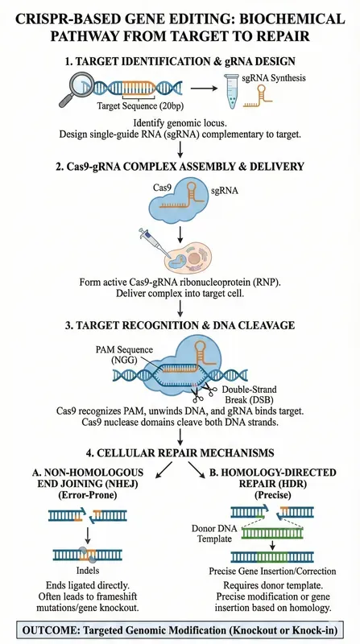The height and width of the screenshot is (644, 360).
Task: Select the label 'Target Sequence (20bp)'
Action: click(x=140, y=105)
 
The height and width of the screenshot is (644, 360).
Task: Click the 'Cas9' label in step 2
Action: click(x=161, y=188)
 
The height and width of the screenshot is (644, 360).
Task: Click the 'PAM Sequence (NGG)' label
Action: click(x=130, y=355)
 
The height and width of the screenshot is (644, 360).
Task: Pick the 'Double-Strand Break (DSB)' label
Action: click(x=248, y=394)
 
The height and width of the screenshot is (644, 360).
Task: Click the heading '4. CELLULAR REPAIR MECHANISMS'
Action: click(x=180, y=452)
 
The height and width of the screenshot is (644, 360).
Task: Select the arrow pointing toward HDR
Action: click(x=196, y=470)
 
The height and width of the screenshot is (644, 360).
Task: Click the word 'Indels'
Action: click(x=88, y=571)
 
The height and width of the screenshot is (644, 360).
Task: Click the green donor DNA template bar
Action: click(x=267, y=533)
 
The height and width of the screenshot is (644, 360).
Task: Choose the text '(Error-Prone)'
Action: click(x=88, y=495)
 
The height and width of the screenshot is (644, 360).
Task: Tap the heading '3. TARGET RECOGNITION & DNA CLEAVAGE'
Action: click(x=180, y=325)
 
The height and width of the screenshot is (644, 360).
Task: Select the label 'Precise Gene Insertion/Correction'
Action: click(x=272, y=571)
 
